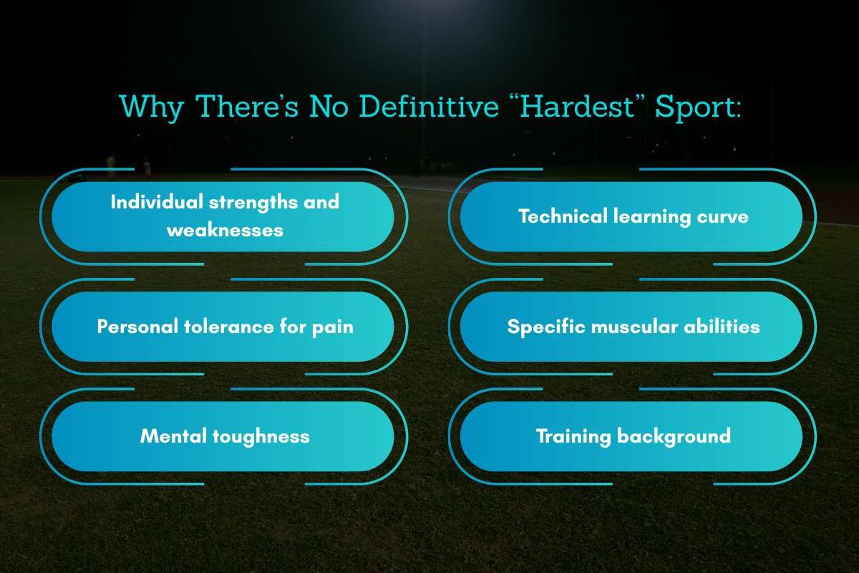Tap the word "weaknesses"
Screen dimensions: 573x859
(225, 230)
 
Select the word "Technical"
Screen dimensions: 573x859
(563, 216)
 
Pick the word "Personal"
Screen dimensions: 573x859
(137, 327)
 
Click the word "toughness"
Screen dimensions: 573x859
(261, 435)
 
